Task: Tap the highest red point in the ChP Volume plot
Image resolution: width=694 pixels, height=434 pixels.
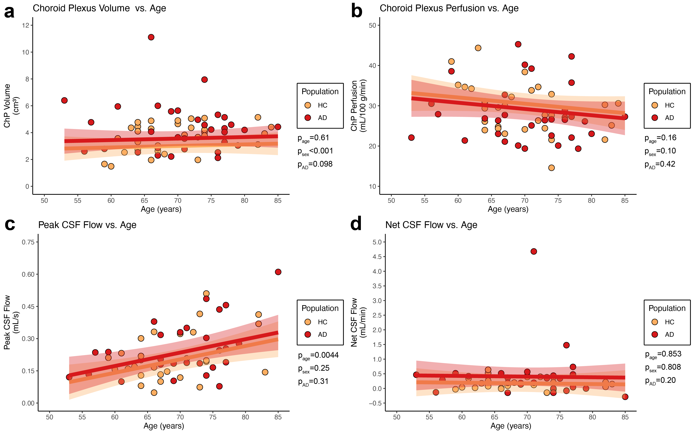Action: tap(151, 37)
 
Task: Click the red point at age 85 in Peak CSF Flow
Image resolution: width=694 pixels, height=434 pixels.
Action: tap(278, 272)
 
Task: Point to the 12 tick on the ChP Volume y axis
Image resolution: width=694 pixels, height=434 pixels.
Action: tap(26, 25)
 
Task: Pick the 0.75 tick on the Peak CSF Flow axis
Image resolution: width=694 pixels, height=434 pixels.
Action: tap(28, 242)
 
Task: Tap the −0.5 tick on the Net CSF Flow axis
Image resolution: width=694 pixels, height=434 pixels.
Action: tap(375, 403)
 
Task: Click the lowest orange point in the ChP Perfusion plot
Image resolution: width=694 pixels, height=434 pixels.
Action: tap(551, 168)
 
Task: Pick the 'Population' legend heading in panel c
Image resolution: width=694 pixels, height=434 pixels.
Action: tap(320, 308)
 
